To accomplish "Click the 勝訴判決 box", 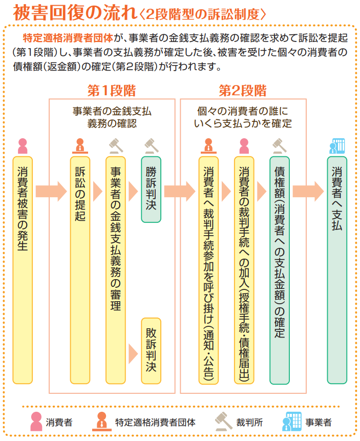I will tap(151, 190).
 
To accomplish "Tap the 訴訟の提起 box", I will tap(80, 270).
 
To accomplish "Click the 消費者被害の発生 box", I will tap(23, 270).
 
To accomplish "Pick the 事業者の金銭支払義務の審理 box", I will tap(115, 270).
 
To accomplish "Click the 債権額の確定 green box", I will tap(280, 270).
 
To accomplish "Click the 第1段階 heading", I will tap(112, 91).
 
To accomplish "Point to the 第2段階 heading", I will tap(243, 91).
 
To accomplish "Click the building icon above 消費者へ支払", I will tap(336, 146).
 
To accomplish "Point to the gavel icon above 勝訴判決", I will tap(151, 146).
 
